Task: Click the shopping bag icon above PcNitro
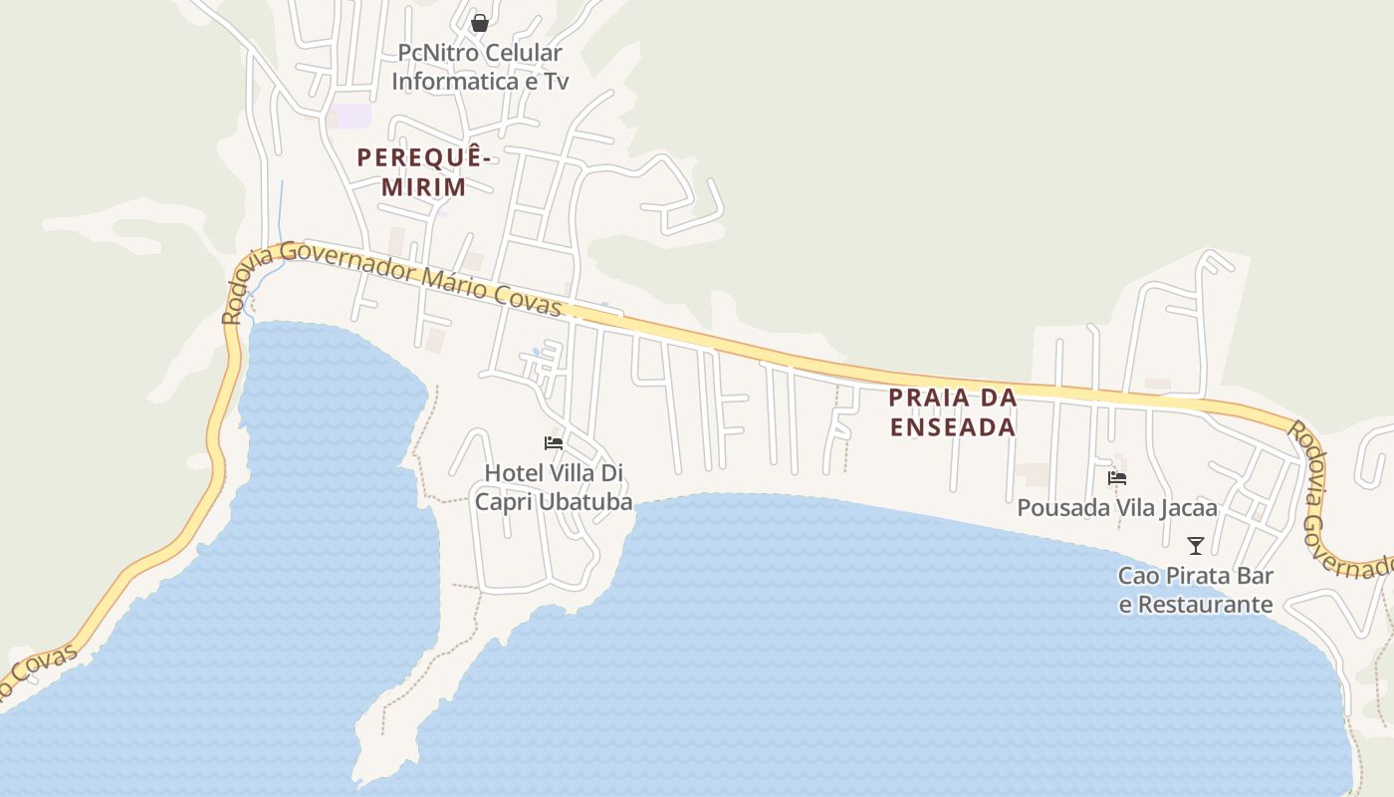[479, 22]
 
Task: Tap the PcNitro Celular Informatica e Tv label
[479, 67]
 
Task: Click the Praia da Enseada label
[952, 411]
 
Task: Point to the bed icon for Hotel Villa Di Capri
[554, 443]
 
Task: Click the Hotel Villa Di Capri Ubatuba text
[554, 487]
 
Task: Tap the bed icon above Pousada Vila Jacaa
[1117, 478]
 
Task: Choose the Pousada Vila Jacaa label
[1117, 508]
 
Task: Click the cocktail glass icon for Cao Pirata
[1196, 545]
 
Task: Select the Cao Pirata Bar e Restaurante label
[1196, 590]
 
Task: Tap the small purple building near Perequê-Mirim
[351, 116]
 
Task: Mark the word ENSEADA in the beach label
[952, 427]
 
